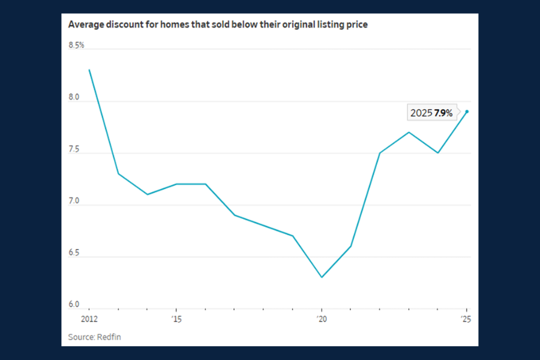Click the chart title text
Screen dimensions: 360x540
[217, 25]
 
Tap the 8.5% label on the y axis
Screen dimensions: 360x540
[76, 45]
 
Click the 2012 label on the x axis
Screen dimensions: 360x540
[89, 319]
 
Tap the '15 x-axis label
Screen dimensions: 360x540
[175, 319]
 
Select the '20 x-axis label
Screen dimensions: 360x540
[321, 319]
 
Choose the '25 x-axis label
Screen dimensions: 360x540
[466, 319]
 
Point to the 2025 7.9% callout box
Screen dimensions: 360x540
[431, 113]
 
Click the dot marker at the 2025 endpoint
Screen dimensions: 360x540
[467, 111]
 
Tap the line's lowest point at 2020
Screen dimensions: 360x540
[322, 277]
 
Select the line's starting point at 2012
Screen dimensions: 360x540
[89, 70]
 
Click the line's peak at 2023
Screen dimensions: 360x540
[409, 132]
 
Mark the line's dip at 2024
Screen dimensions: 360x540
[438, 153]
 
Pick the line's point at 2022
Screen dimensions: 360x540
[380, 153]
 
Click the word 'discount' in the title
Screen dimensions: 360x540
[124, 25]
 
